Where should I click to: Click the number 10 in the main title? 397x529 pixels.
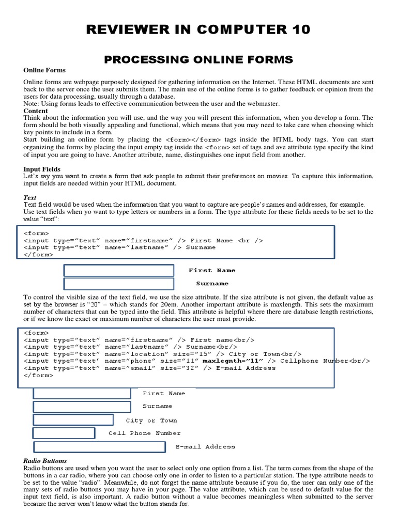coord(299,30)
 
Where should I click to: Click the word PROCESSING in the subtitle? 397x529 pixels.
coord(140,60)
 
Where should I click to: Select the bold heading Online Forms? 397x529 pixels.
coord(44,70)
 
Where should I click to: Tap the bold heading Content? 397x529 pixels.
coord(36,111)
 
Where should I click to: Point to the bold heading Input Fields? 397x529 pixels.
coord(42,169)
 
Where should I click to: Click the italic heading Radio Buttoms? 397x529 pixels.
coord(45,460)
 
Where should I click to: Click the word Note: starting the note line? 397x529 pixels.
coord(32,104)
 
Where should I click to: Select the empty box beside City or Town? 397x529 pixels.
coord(73,420)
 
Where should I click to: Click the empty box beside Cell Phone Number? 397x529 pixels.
coord(64,433)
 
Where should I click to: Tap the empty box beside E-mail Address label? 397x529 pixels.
coord(100,446)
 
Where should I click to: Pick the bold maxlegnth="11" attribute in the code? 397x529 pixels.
coord(233,361)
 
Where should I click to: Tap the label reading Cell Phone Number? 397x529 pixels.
coord(144,433)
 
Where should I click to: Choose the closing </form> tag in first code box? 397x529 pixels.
coord(38,254)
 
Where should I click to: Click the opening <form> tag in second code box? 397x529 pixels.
coord(36,333)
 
